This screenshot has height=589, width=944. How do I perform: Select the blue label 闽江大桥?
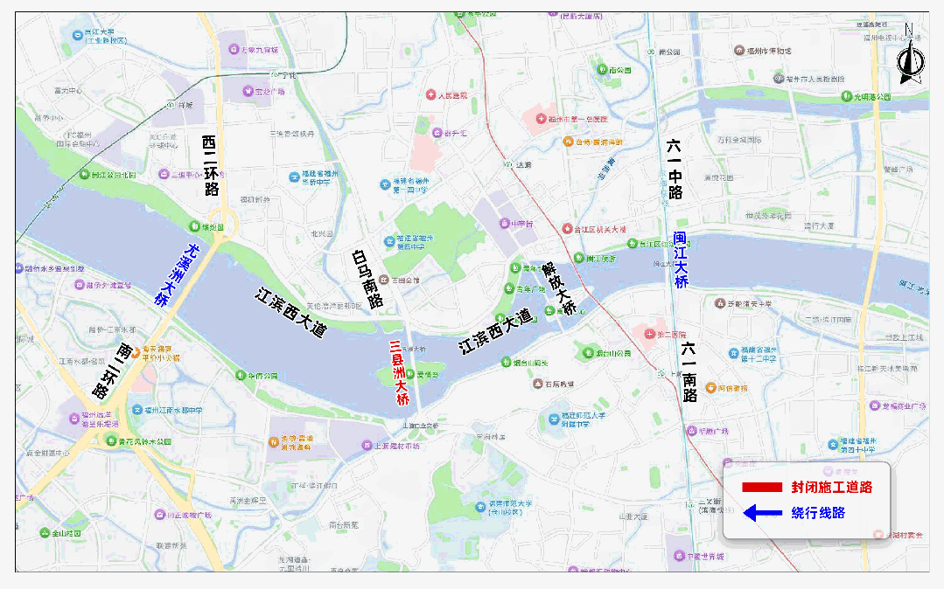point(681,260)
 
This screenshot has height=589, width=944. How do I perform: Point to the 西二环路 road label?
point(210,164)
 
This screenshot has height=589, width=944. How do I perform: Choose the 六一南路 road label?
point(689,371)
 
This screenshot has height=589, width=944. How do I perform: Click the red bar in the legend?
point(760,487)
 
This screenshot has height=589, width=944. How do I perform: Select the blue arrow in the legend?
point(760,513)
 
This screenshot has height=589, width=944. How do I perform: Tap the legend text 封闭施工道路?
point(831,487)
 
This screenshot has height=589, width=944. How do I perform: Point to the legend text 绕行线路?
point(818,513)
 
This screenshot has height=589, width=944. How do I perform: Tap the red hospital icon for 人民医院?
point(430,94)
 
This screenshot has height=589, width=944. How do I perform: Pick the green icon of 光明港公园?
point(846,96)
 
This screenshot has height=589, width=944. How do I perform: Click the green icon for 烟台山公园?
point(588,353)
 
